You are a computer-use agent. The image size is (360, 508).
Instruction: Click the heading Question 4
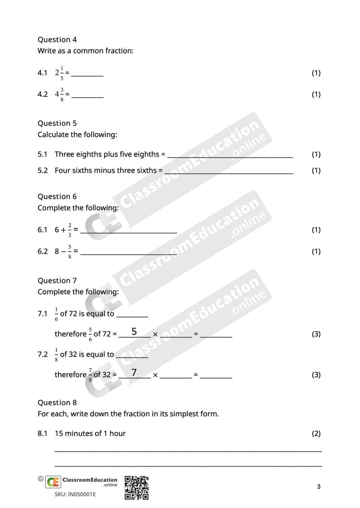coord(57,40)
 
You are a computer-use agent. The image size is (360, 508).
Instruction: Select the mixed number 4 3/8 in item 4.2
coord(59,94)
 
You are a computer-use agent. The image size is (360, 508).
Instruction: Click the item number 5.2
coord(43,170)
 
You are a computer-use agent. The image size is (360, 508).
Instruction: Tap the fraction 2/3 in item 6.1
coord(70,229)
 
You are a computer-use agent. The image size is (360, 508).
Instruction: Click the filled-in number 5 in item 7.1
coord(134,332)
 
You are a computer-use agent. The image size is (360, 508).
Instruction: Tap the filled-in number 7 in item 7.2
coord(134,372)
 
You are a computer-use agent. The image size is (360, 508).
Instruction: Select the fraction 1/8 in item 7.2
coord(56,354)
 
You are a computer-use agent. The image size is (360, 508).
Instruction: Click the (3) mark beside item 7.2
coord(316,374)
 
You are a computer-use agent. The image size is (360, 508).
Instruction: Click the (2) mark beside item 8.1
coord(316,433)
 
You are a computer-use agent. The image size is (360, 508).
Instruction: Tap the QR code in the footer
coord(136,488)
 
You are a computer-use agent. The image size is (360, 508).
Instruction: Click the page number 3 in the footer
coord(319,486)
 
